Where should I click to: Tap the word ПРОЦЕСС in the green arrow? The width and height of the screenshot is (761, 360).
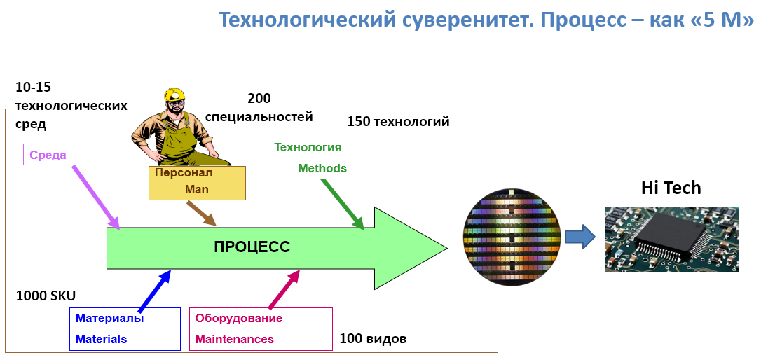[x=252, y=247]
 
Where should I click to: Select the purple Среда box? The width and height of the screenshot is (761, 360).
[x=55, y=155]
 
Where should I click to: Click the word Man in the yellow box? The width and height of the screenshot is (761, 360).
[x=197, y=189]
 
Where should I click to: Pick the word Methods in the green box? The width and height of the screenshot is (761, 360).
[x=322, y=168]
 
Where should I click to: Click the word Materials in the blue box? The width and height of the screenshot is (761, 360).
[x=102, y=339]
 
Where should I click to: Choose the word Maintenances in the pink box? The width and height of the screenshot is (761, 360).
[x=234, y=339]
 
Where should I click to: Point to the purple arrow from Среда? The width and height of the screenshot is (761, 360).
[x=96, y=196]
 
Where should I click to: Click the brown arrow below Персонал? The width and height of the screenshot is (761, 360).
[x=202, y=214]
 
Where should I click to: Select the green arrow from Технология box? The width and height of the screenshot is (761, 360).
[x=343, y=204]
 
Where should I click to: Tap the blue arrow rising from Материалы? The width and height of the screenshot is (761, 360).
[x=155, y=291]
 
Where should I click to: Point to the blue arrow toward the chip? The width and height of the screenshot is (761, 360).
[x=580, y=236]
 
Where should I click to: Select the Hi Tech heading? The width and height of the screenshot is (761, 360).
[x=671, y=188]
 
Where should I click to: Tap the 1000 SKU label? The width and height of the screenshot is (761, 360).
[x=46, y=296]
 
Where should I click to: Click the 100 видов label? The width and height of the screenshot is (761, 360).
[x=373, y=339]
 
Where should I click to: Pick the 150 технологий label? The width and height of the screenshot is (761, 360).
[x=398, y=122]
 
